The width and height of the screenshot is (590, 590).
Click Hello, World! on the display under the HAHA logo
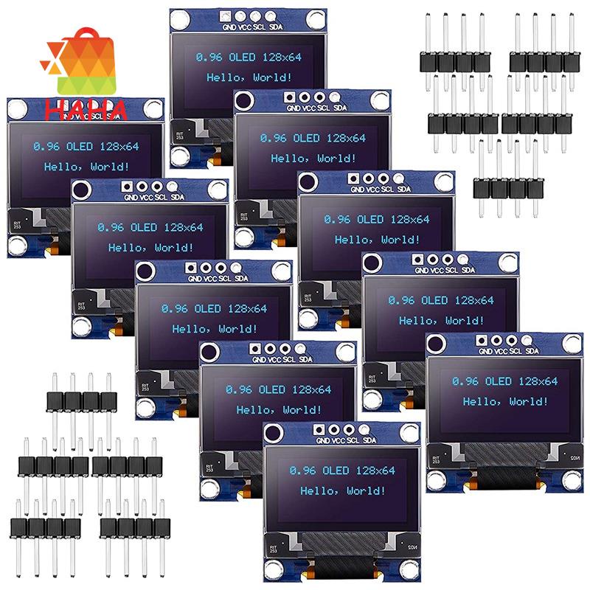coord(86,167)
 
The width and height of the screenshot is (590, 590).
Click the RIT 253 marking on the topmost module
coord(178,133)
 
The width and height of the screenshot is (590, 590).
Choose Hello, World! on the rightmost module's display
coord(505,401)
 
